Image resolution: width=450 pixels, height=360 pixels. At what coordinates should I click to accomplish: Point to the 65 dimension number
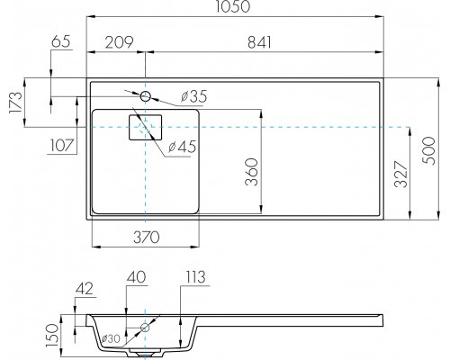click(x=61, y=41)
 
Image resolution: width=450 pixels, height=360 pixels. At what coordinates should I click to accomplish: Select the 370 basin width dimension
click(x=147, y=238)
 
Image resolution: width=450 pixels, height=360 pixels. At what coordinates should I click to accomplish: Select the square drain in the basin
click(x=144, y=129)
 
